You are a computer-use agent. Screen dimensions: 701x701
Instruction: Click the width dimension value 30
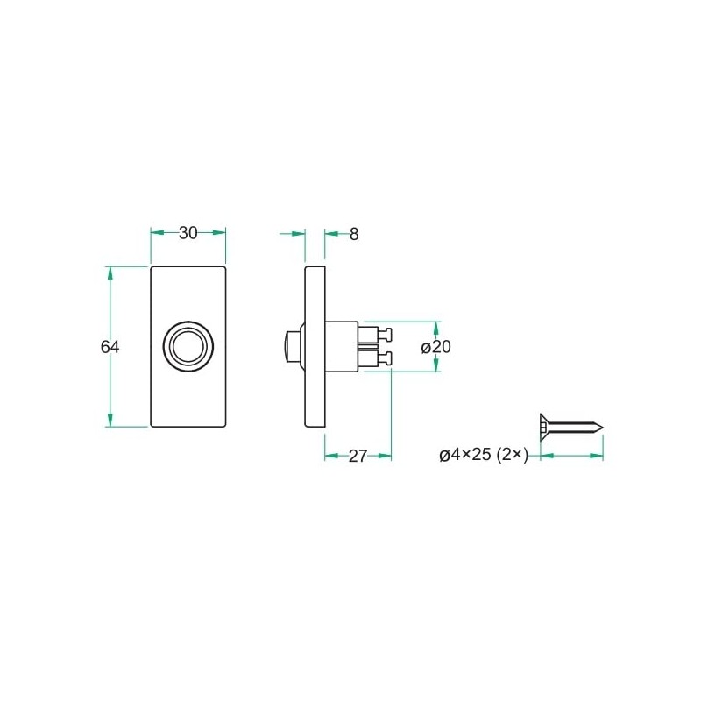[188, 233]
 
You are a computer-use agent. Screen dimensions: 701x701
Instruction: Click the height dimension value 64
[110, 347]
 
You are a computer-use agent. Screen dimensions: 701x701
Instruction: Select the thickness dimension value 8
[353, 234]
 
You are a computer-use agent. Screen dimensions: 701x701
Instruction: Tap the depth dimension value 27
[358, 456]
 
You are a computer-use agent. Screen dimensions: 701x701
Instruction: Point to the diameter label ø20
[435, 347]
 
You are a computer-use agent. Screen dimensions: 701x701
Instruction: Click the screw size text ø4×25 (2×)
[483, 455]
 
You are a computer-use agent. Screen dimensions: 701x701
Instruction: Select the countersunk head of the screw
[544, 427]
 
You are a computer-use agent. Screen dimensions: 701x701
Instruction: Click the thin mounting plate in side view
[315, 346]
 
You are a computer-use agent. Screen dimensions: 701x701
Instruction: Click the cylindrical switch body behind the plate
[342, 346]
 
